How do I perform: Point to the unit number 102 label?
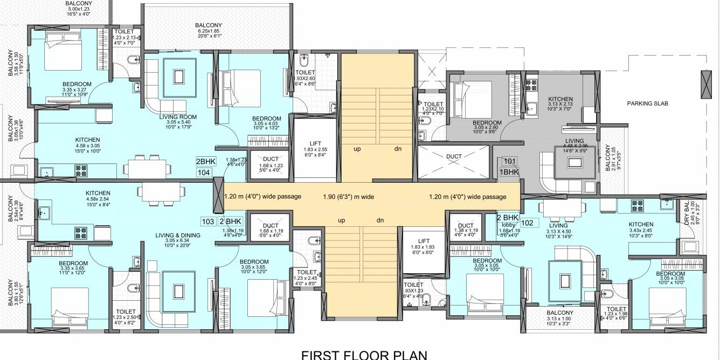(528, 222)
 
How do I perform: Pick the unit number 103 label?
(207, 221)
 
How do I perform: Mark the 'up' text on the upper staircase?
(357, 149)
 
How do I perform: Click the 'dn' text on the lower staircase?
(380, 220)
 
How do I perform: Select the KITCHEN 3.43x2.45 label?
(640, 224)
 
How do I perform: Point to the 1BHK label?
(509, 172)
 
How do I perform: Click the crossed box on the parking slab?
(707, 84)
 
